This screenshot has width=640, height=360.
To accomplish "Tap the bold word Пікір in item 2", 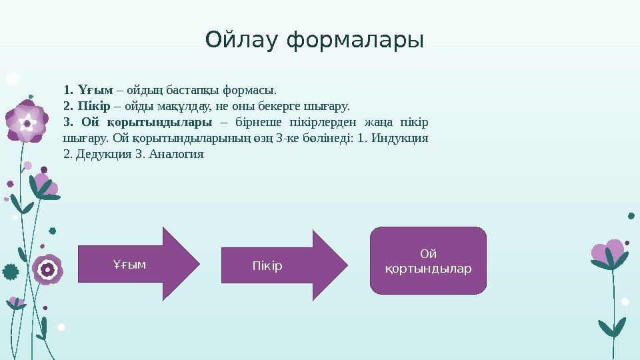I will pos(93,106).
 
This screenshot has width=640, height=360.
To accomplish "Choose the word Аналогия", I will pos(176,155).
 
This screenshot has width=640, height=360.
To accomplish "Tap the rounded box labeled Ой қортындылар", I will pos(428,261).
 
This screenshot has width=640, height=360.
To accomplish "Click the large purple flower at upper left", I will pos(27,122).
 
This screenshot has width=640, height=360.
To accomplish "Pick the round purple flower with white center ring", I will pos(47,269).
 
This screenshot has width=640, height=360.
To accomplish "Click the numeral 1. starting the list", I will pos(67,89).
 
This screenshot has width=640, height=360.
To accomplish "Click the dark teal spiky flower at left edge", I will pos(11,271).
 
